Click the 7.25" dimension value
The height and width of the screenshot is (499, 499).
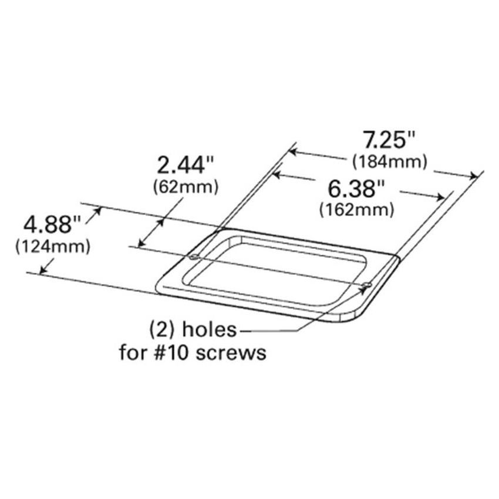coord(388,141)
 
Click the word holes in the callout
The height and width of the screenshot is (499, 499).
coord(210,330)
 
